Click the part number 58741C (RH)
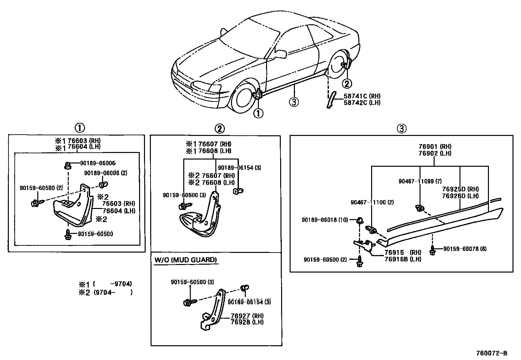(362, 96)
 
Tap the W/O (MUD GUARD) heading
(185, 260)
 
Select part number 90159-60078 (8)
(465, 249)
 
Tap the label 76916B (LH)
(403, 259)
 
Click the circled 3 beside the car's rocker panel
(294, 102)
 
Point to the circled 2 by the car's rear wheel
(347, 84)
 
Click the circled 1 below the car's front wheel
(258, 113)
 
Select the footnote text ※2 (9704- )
(105, 293)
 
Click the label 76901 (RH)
(435, 146)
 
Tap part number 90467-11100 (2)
(372, 202)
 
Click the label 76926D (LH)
(460, 196)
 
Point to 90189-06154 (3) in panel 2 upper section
(239, 168)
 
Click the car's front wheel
(243, 97)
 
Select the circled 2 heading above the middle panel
(220, 129)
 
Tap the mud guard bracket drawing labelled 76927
(212, 310)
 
